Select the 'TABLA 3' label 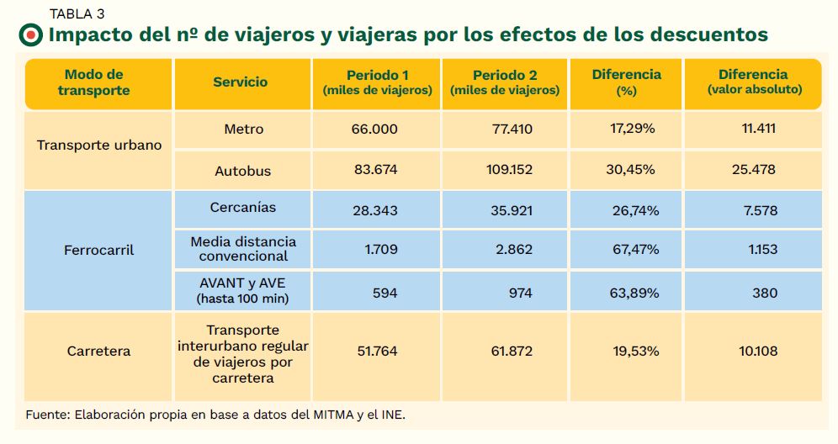click(77, 13)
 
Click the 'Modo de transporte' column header click(93, 82)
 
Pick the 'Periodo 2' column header click(504, 82)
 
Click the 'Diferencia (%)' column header click(626, 82)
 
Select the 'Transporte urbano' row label click(99, 145)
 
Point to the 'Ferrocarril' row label click(99, 251)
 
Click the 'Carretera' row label click(99, 351)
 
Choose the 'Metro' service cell click(243, 129)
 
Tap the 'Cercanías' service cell click(242, 208)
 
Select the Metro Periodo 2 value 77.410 click(512, 129)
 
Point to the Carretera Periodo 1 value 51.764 click(374, 351)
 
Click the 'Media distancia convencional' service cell click(243, 249)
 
